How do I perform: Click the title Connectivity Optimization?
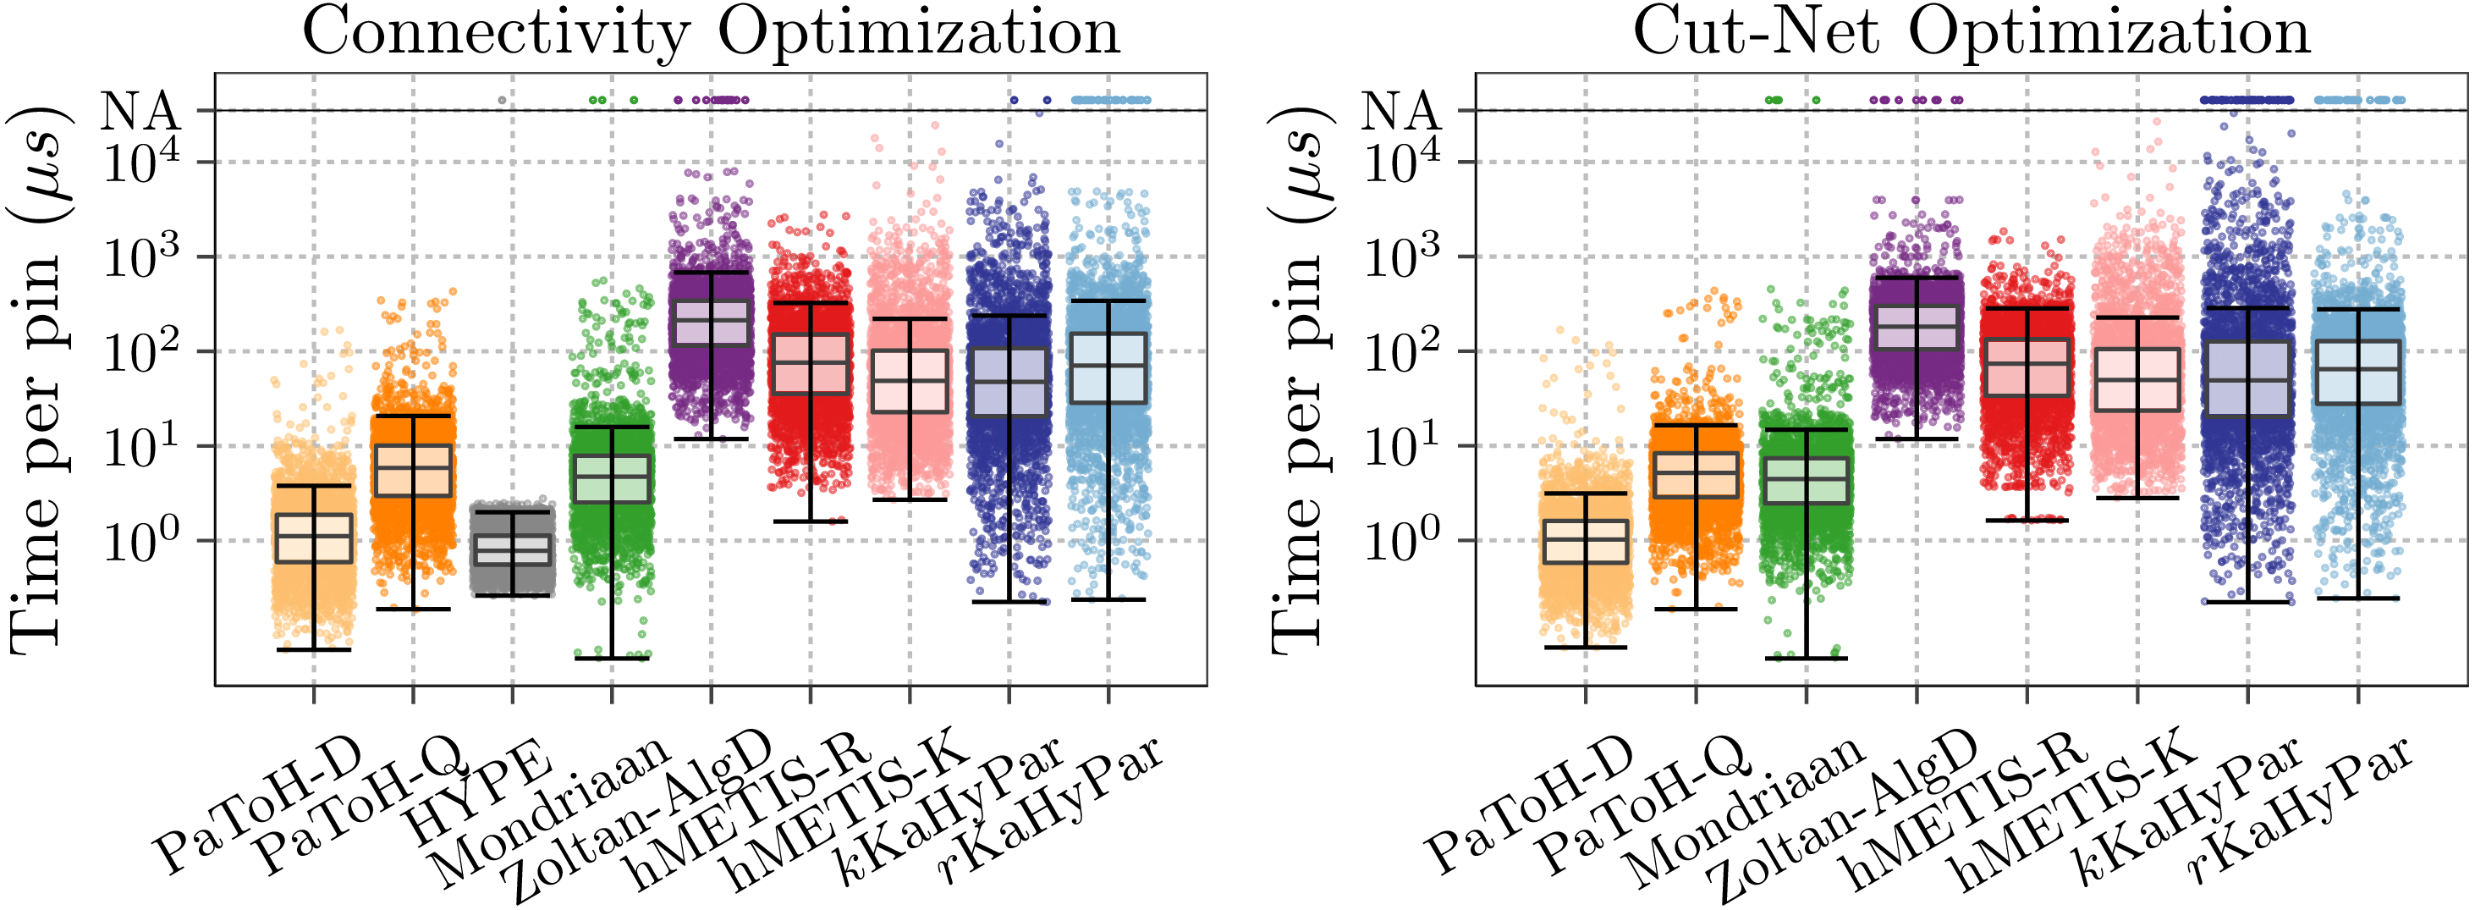coord(711,33)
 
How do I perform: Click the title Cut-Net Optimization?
coord(1971,33)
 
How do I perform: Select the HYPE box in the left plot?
coord(512,549)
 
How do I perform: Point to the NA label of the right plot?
coord(1400,112)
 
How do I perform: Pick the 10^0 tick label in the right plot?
coord(1402,542)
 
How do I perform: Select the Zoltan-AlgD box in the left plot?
coord(711,323)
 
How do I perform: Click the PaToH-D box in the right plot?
coord(1586,542)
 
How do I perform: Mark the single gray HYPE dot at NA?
coord(502,100)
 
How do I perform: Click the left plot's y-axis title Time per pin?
coord(38,379)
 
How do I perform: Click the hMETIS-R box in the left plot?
coord(810,363)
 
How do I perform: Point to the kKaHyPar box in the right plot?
coord(2247,378)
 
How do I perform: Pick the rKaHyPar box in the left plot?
coord(1108,368)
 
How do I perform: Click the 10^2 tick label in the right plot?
coord(1402,353)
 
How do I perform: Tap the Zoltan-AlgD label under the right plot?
coord(1840,817)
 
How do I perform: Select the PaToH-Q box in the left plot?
coord(413,470)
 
